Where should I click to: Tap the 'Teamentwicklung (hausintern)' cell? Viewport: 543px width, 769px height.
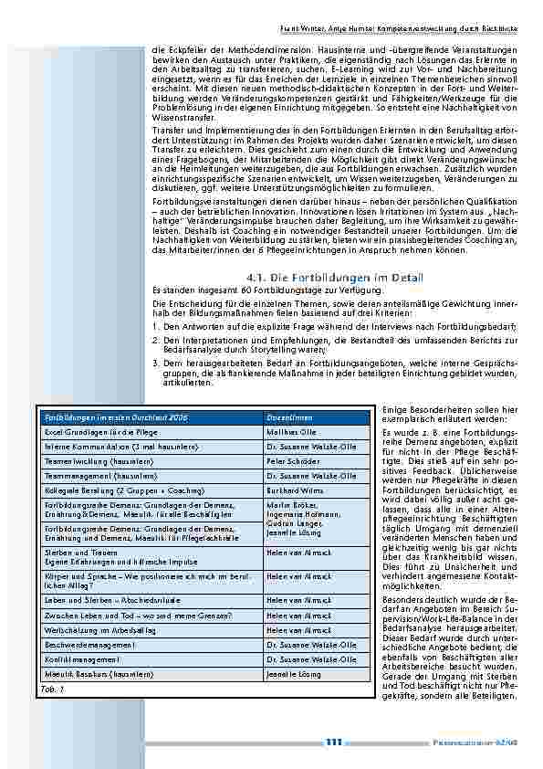tap(96, 462)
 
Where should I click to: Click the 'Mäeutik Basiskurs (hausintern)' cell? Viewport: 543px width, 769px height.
tap(99, 673)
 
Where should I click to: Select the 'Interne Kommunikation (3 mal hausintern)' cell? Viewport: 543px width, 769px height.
tap(113, 446)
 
